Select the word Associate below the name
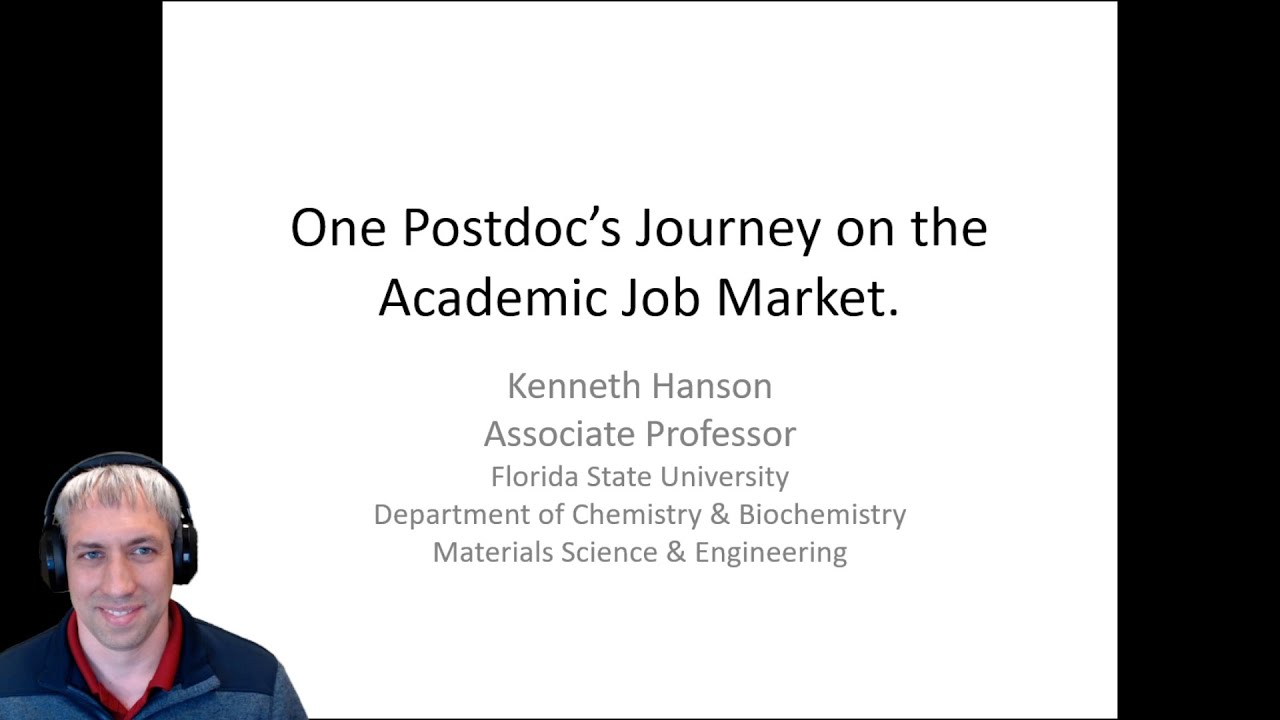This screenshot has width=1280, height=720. (558, 434)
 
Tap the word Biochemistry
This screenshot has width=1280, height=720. (822, 514)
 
